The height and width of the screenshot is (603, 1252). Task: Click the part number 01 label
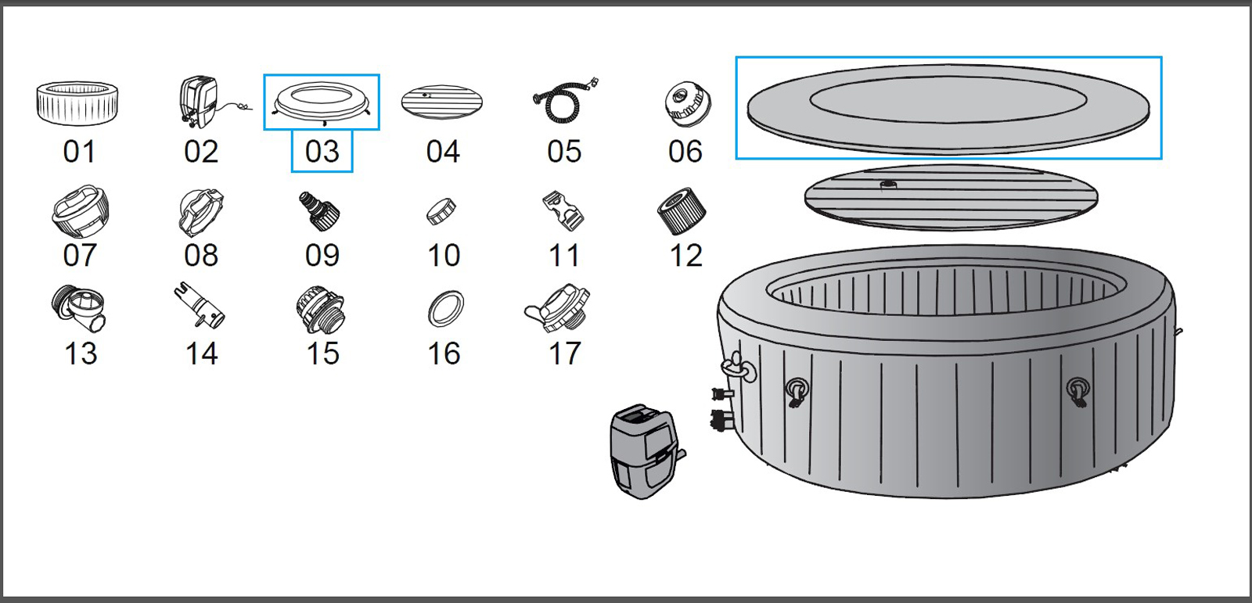[x=79, y=152]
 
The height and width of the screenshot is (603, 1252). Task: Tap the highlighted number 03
[x=322, y=152]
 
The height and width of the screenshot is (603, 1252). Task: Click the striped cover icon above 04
[x=441, y=102]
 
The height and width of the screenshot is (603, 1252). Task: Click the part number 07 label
[x=79, y=255]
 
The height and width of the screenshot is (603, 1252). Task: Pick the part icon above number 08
[x=201, y=212]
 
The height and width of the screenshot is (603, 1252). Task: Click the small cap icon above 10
[x=441, y=211]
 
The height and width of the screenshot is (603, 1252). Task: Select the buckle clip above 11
[x=563, y=210]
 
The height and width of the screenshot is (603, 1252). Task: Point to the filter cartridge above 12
[x=681, y=211]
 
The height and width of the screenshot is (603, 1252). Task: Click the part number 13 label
[x=81, y=354]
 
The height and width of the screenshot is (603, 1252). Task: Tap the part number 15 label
[x=322, y=354]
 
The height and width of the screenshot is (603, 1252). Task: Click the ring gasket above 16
[x=445, y=309]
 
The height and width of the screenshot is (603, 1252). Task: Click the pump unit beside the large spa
[x=645, y=451]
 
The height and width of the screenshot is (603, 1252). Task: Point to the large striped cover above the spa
[x=951, y=199]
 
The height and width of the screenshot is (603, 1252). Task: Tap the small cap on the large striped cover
[x=888, y=185]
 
